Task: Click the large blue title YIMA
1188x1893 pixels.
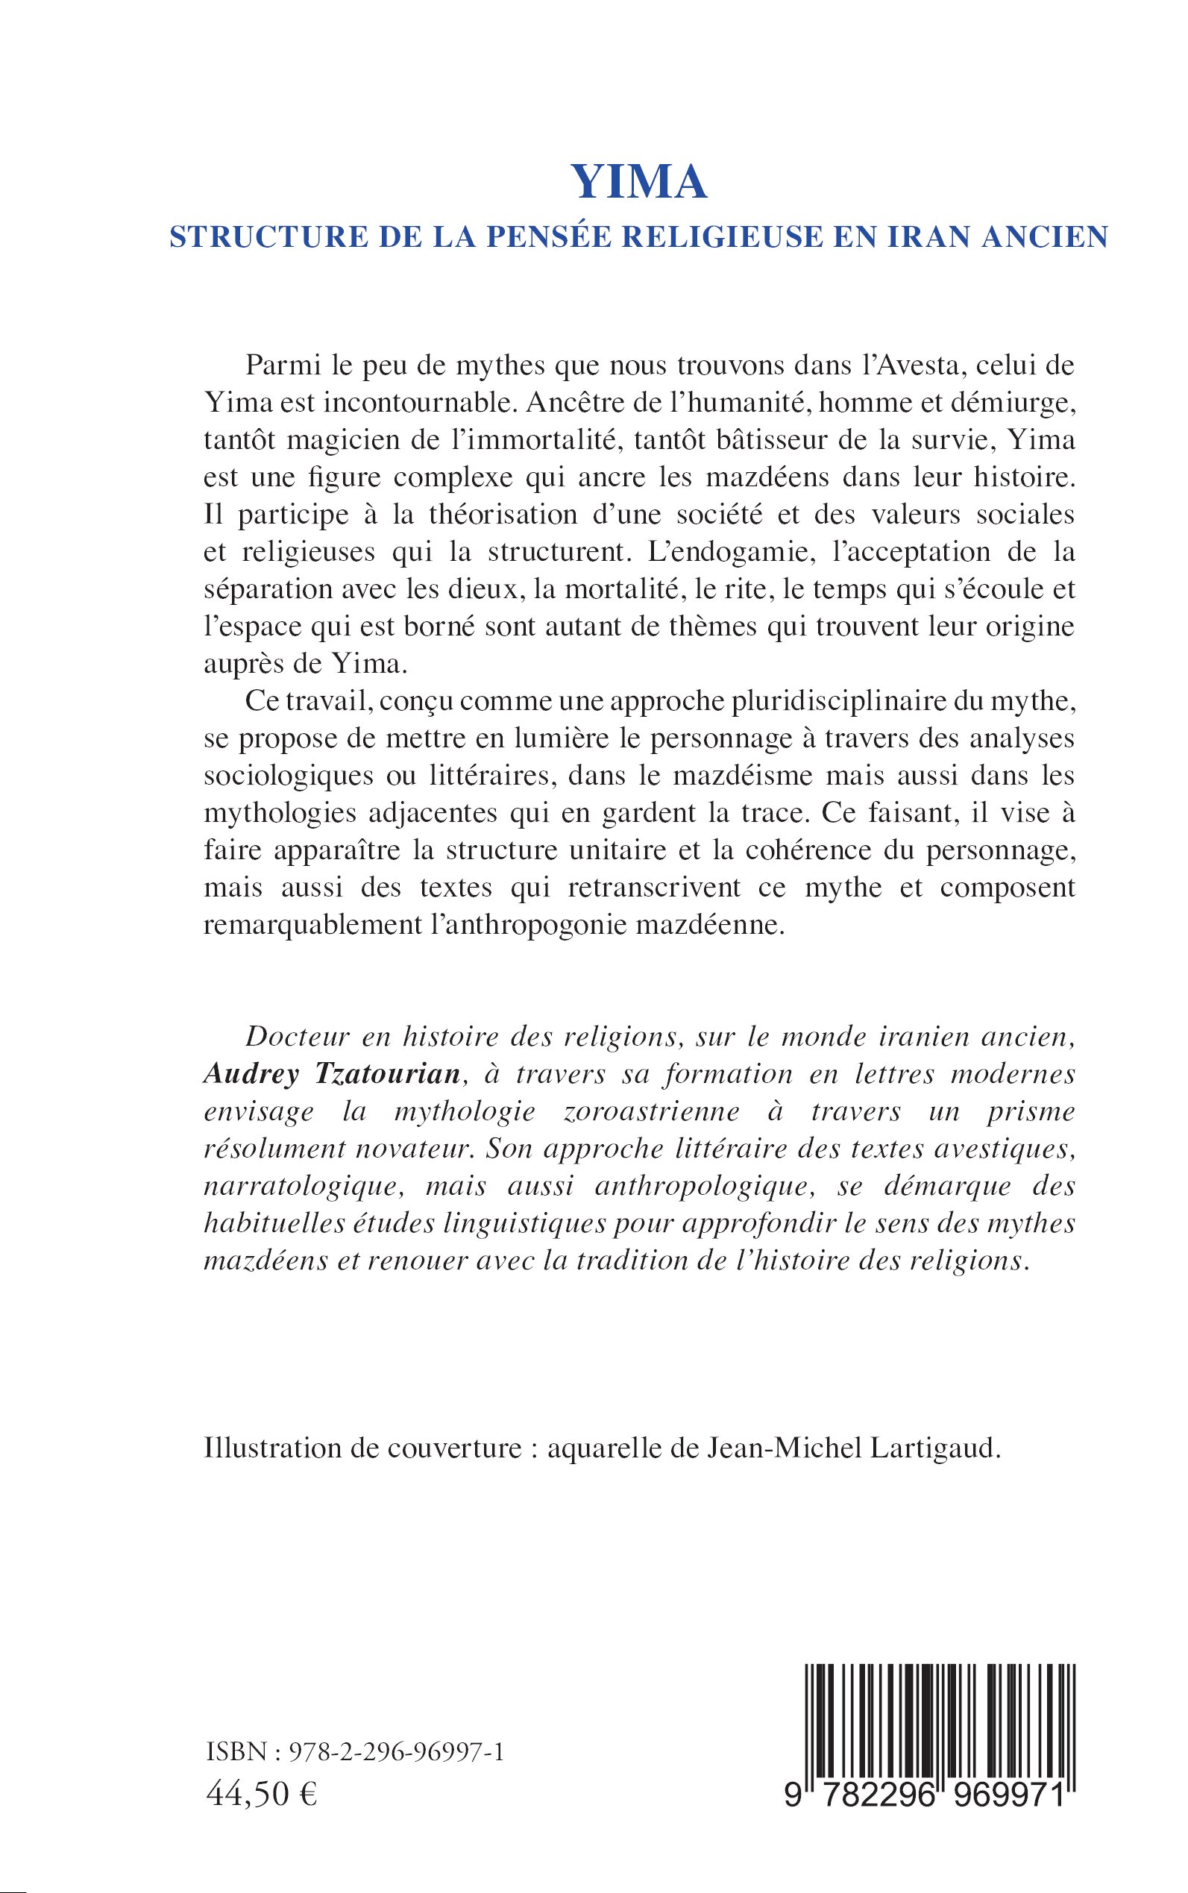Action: (639, 182)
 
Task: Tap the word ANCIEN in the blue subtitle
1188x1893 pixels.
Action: (1045, 237)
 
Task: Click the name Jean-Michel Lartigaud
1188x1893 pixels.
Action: (854, 1449)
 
